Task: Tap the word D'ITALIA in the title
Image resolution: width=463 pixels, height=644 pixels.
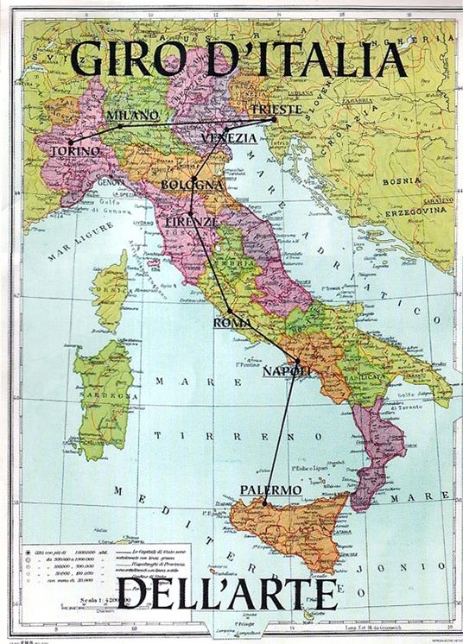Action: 297,60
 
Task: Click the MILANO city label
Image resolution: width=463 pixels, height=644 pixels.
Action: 132,115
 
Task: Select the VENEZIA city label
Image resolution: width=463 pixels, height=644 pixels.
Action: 229,138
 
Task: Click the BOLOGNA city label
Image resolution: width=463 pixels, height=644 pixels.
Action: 192,186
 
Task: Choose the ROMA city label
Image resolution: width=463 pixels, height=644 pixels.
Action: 231,322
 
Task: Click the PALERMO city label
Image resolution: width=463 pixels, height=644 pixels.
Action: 270,489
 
